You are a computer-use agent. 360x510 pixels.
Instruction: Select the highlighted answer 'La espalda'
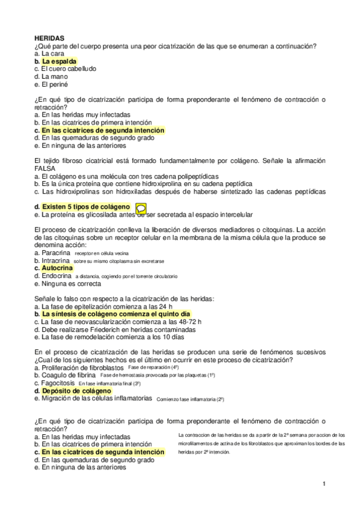[x=59, y=61]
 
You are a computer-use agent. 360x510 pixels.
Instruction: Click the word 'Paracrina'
[x=59, y=253]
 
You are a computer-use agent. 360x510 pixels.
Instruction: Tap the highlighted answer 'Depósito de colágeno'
[x=76, y=390]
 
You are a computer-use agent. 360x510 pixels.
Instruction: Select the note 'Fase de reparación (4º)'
[x=154, y=367]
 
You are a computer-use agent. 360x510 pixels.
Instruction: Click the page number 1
[x=324, y=484]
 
